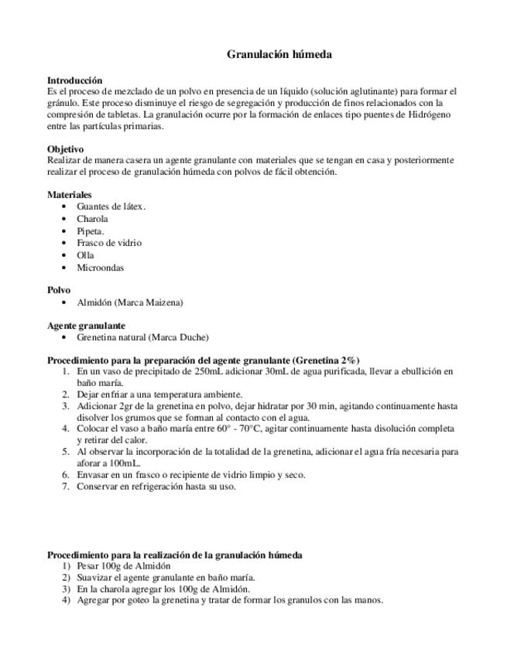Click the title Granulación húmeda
[x=279, y=55]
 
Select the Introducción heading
[x=75, y=80]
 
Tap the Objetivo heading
[x=66, y=149]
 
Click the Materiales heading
[x=70, y=194]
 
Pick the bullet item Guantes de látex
[x=111, y=207]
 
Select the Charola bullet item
[x=92, y=219]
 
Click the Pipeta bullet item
[x=91, y=231]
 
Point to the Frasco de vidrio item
[x=108, y=243]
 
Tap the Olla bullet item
[x=85, y=255]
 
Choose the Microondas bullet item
[x=100, y=268]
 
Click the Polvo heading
[x=60, y=289]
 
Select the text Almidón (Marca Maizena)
[x=129, y=302]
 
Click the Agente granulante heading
[x=87, y=325]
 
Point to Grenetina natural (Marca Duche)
[x=142, y=337]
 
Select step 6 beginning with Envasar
[x=190, y=474]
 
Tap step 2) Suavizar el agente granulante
[x=166, y=577]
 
